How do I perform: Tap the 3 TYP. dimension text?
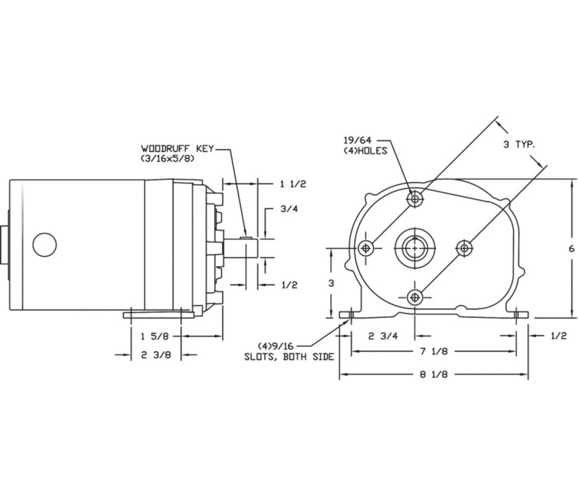(x=519, y=145)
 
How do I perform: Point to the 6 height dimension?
(x=572, y=249)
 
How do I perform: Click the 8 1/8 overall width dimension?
(x=434, y=374)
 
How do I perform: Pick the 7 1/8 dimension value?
(x=434, y=351)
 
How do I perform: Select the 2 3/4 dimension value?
(x=383, y=336)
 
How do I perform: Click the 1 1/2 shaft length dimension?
(x=293, y=184)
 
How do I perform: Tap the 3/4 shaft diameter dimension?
(x=289, y=209)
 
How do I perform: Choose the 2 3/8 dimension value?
(x=156, y=355)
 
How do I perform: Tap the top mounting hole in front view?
(x=415, y=199)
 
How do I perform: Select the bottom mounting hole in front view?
(x=415, y=297)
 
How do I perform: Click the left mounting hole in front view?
(x=365, y=248)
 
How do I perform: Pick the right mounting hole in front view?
(x=464, y=247)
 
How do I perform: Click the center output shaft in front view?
(x=415, y=248)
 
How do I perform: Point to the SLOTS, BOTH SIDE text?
(x=289, y=357)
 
